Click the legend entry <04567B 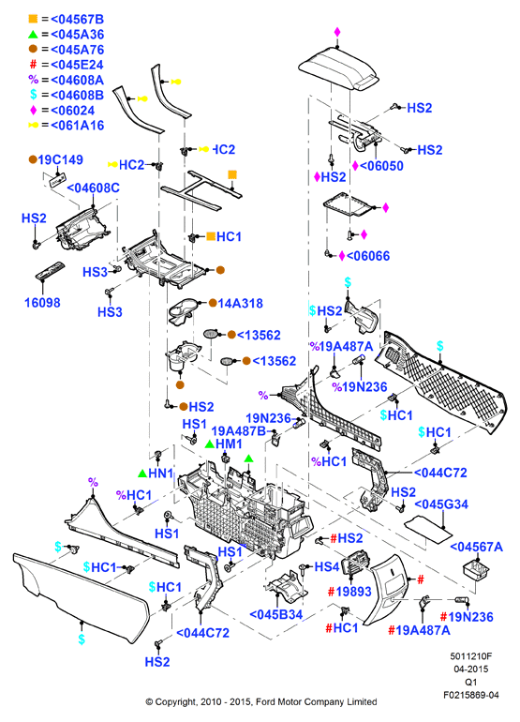pyautogui.click(x=78, y=20)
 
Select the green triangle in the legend pyautogui.click(x=33, y=34)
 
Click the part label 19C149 pyautogui.click(x=60, y=159)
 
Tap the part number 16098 pyautogui.click(x=42, y=303)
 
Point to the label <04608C pyautogui.click(x=93, y=188)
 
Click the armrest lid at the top pyautogui.click(x=338, y=69)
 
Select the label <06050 pyautogui.click(x=381, y=166)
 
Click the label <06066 pyautogui.click(x=368, y=256)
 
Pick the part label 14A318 pyautogui.click(x=240, y=304)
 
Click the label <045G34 pyautogui.click(x=441, y=504)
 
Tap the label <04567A pyautogui.click(x=476, y=547)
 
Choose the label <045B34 pyautogui.click(x=276, y=614)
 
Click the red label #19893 pyautogui.click(x=349, y=592)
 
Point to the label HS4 pyautogui.click(x=327, y=566)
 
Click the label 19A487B pyautogui.click(x=239, y=431)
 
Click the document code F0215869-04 pyautogui.click(x=470, y=695)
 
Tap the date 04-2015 pyautogui.click(x=470, y=669)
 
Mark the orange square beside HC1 pyautogui.click(x=211, y=236)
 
